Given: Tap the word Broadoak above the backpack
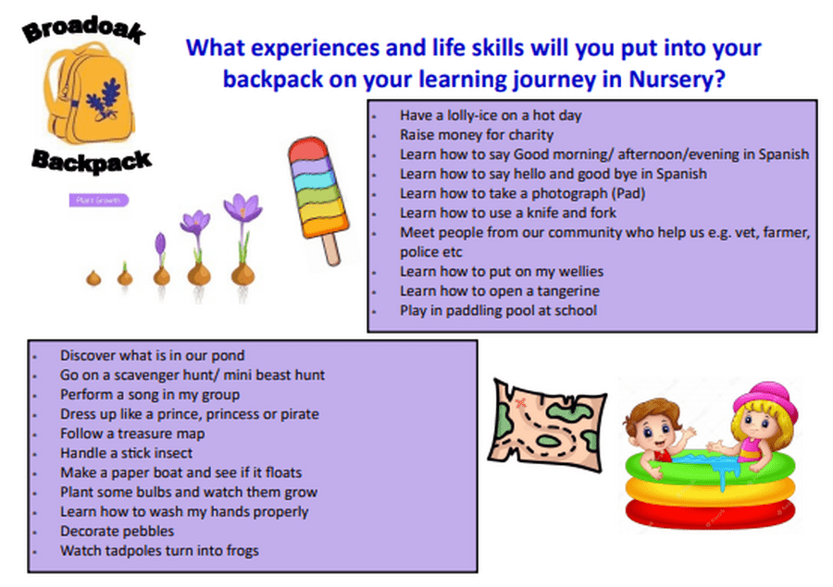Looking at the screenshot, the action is (x=84, y=30).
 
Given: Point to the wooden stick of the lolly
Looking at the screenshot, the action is (x=332, y=250).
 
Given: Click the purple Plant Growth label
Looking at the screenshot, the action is (x=99, y=200).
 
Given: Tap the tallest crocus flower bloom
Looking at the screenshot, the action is (x=242, y=208).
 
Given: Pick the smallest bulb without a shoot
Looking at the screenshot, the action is (x=93, y=278).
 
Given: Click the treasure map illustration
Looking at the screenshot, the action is (x=547, y=424).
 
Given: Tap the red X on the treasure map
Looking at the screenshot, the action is (x=520, y=403).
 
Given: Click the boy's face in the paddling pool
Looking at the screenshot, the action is (x=654, y=430).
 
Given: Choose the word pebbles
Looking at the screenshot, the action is (x=146, y=532).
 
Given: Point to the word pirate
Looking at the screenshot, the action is (x=300, y=414).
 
